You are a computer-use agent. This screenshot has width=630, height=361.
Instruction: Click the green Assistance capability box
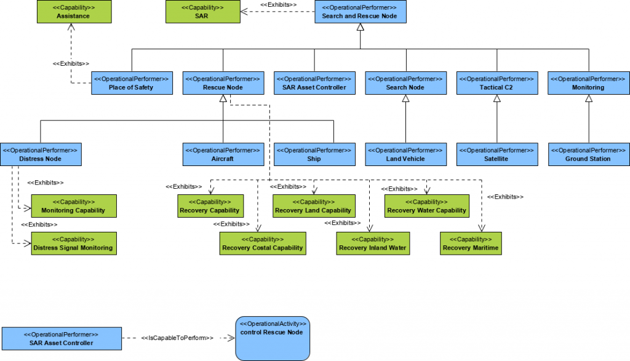tap(73, 12)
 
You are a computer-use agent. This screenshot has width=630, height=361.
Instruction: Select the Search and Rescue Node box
tap(360, 12)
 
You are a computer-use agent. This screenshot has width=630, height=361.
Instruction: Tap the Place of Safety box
tap(131, 83)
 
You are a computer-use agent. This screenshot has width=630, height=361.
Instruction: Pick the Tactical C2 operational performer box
tap(496, 83)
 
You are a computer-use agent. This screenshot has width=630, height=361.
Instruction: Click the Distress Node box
tap(41, 154)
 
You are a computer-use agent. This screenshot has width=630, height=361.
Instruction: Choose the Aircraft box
tap(223, 154)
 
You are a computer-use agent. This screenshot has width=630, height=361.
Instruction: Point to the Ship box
tap(314, 154)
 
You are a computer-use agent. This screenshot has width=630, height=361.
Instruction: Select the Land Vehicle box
tap(405, 154)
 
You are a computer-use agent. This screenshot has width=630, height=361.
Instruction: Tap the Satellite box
tap(496, 154)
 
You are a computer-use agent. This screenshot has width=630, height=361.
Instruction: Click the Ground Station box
tap(589, 154)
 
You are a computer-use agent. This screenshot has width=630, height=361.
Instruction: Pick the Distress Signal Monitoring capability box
tap(73, 244)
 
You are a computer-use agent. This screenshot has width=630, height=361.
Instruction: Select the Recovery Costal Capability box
tap(262, 244)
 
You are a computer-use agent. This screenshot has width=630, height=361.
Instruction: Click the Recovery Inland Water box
tap(372, 244)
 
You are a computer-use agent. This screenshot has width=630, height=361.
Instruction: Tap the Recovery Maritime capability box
tap(471, 244)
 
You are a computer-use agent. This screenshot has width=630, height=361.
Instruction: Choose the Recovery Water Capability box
tap(427, 206)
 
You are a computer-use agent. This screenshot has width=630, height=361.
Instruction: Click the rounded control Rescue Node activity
tap(273, 338)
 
